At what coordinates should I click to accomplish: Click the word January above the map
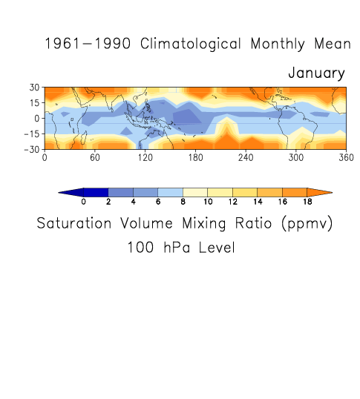[316, 73]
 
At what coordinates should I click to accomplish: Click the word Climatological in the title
[190, 44]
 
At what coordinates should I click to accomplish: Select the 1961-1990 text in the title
[88, 44]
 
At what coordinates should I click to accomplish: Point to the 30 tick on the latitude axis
[35, 88]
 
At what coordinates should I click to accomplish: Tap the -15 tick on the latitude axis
[32, 133]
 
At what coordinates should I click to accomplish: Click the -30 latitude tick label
[32, 149]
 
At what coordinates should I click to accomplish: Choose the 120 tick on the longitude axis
[145, 158]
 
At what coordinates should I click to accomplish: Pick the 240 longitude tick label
[246, 158]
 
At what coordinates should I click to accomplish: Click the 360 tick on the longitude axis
[346, 158]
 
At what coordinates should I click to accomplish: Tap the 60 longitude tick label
[95, 158]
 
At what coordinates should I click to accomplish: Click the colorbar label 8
[183, 202]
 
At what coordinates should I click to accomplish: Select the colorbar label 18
[307, 202]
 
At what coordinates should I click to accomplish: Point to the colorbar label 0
[84, 202]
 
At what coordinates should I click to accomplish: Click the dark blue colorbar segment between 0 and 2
[96, 192]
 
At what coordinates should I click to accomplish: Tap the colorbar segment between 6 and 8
[170, 192]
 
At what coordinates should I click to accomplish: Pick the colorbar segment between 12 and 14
[245, 192]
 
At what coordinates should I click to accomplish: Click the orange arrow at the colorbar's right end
[318, 192]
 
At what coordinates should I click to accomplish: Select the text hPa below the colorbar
[177, 248]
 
